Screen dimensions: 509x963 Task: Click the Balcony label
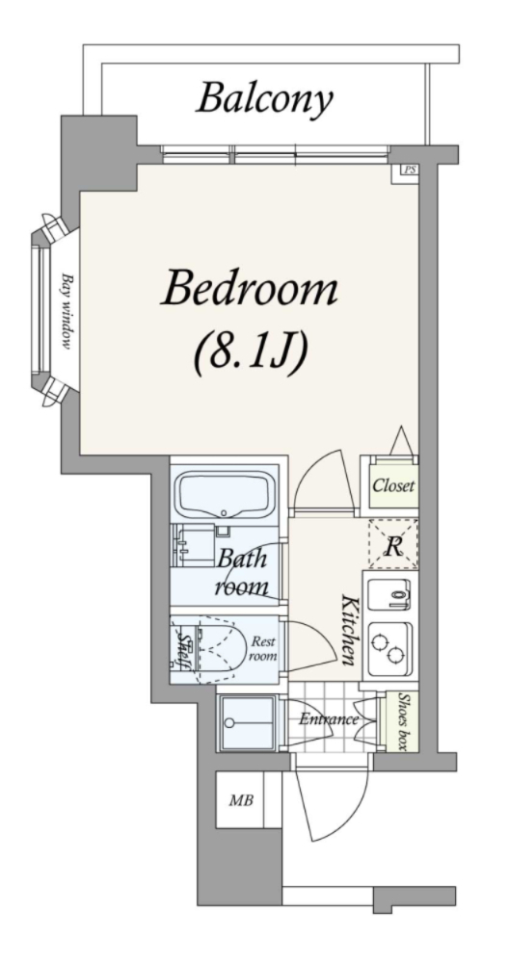pyautogui.click(x=264, y=99)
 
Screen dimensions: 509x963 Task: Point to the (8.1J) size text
pyautogui.click(x=251, y=354)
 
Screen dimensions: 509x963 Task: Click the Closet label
pyautogui.click(x=394, y=485)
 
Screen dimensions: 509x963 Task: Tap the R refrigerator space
pyautogui.click(x=393, y=545)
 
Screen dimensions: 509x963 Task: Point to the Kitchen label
pyautogui.click(x=348, y=630)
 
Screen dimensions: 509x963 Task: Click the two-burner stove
pyautogui.click(x=391, y=648)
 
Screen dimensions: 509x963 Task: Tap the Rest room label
pyautogui.click(x=263, y=648)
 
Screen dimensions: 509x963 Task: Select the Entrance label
pyautogui.click(x=329, y=719)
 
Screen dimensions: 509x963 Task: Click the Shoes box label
pyautogui.click(x=403, y=722)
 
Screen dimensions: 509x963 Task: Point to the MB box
pyautogui.click(x=240, y=800)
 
